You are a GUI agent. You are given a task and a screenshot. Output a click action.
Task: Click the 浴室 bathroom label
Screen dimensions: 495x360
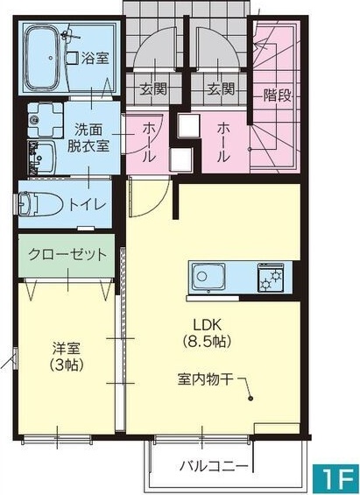(x=95, y=59)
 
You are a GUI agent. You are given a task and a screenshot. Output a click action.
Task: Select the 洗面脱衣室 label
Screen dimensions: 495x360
(x=91, y=137)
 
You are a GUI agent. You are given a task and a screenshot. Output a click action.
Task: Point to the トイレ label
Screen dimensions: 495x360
(x=88, y=204)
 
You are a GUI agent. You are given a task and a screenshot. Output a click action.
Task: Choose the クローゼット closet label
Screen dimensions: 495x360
(x=67, y=255)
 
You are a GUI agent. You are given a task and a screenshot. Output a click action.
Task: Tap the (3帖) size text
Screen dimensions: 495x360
(x=65, y=365)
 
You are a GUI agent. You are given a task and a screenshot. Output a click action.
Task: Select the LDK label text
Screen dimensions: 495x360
(x=207, y=322)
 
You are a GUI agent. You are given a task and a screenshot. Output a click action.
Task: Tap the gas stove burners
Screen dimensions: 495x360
(x=268, y=279)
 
